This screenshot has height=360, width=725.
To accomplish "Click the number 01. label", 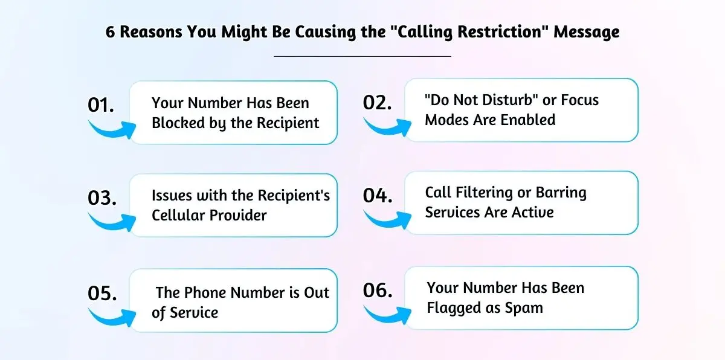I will pyautogui.click(x=101, y=105).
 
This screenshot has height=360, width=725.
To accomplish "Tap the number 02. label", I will pyautogui.click(x=378, y=102).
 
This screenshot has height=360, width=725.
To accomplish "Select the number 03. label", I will pyautogui.click(x=102, y=198).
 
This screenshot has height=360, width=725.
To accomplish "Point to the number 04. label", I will pyautogui.click(x=378, y=196).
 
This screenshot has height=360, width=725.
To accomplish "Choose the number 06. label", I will pyautogui.click(x=378, y=290).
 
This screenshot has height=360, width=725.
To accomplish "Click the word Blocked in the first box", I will pyautogui.click(x=177, y=123).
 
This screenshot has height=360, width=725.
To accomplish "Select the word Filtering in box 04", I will pyautogui.click(x=486, y=193).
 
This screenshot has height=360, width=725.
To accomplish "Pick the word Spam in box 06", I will pyautogui.click(x=526, y=307).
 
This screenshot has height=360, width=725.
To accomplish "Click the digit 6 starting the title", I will pyautogui.click(x=110, y=33).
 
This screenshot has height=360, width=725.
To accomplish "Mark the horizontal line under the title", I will pyautogui.click(x=362, y=56).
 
